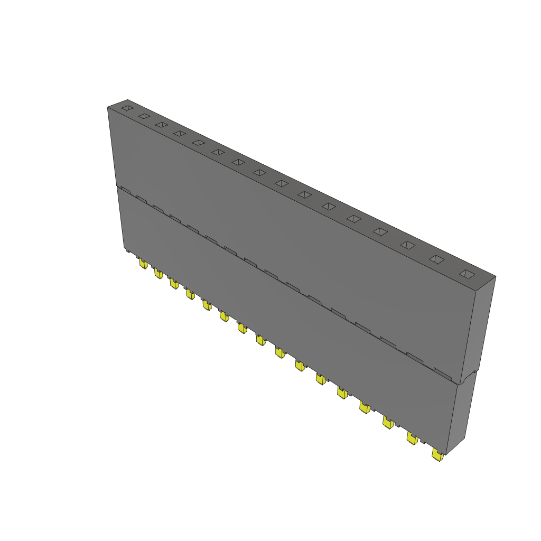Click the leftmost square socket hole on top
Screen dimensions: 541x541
(x=127, y=108)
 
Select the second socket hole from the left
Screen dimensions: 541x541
(x=143, y=116)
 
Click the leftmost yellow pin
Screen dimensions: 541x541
(x=143, y=263)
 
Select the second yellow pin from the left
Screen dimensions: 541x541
(x=158, y=273)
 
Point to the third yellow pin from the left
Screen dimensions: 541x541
(x=174, y=284)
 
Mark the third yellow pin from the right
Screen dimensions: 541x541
(x=388, y=422)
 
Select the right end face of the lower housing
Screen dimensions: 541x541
(x=462, y=412)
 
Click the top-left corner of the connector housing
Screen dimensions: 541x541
(x=108, y=107)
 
